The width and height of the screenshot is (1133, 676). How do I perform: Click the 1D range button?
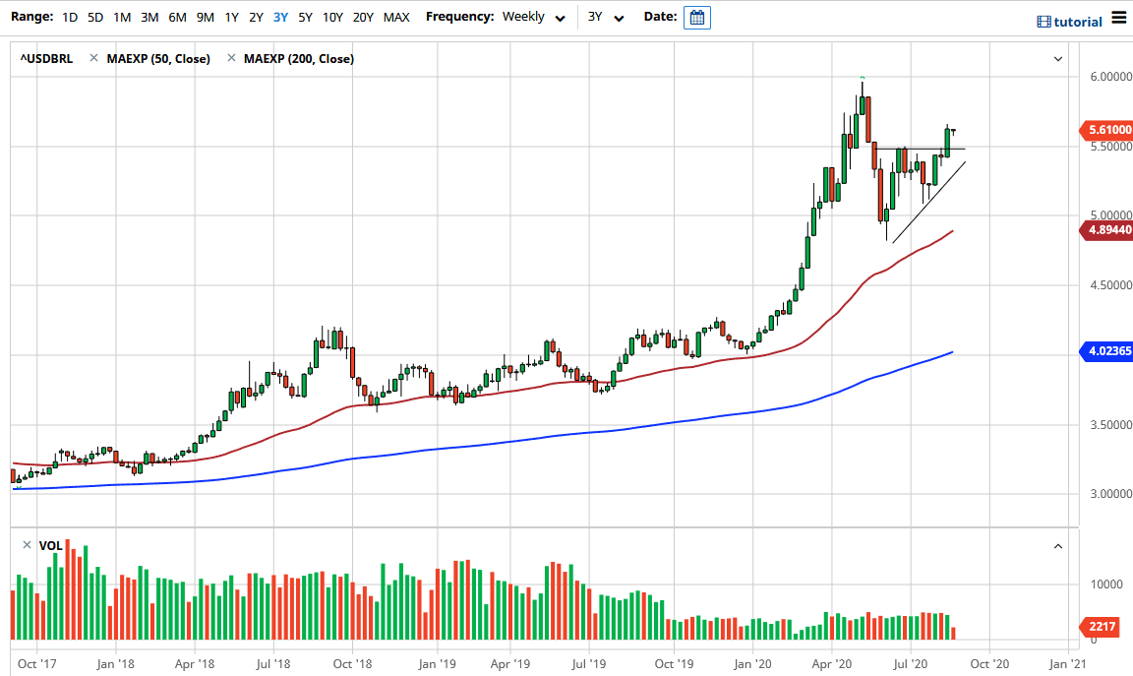70,17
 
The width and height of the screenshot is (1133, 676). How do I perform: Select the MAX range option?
396,17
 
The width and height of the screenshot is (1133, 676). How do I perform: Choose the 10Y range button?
332,17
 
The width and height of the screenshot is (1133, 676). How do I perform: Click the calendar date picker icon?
696,18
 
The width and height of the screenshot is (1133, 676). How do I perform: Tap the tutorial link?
1070,22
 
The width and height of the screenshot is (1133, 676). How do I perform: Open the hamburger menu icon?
1119,18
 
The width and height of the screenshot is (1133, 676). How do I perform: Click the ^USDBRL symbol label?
45,59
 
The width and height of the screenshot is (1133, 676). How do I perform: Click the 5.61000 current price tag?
1106,129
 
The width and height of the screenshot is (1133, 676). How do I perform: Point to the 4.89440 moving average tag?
1106,231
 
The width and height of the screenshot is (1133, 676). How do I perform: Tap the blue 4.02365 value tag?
1106,350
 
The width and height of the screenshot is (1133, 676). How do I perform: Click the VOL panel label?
50,545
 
